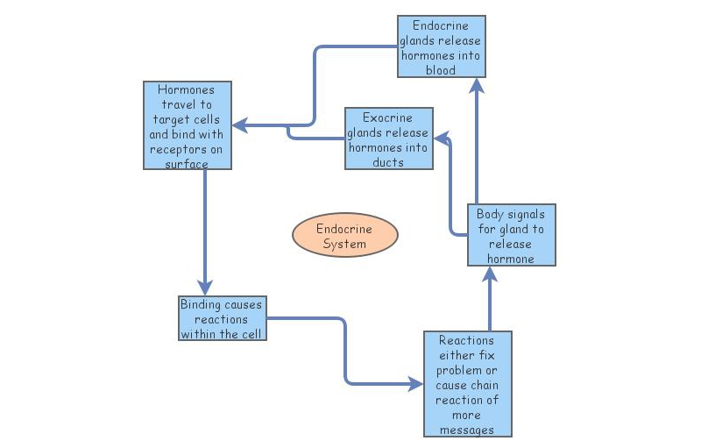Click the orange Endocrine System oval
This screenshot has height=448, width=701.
click(x=344, y=236)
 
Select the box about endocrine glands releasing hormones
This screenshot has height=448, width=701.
click(x=441, y=46)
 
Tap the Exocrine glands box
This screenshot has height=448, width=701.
click(x=388, y=139)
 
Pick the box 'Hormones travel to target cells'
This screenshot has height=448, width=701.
click(x=187, y=125)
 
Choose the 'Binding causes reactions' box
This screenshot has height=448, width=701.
click(x=221, y=319)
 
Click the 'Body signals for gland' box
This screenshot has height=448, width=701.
click(x=511, y=235)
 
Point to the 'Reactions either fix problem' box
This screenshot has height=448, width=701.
click(x=466, y=383)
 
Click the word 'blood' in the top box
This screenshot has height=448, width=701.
click(x=441, y=70)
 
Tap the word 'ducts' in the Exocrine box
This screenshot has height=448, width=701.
click(x=388, y=161)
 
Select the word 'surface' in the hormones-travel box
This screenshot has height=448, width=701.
click(x=187, y=163)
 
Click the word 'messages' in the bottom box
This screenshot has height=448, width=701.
click(x=466, y=430)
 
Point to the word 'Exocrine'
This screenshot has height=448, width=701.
click(x=388, y=117)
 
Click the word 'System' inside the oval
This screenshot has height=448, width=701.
click(x=344, y=244)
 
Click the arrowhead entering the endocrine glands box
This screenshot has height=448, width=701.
click(x=476, y=85)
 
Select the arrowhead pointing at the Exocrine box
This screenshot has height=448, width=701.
click(x=442, y=138)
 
